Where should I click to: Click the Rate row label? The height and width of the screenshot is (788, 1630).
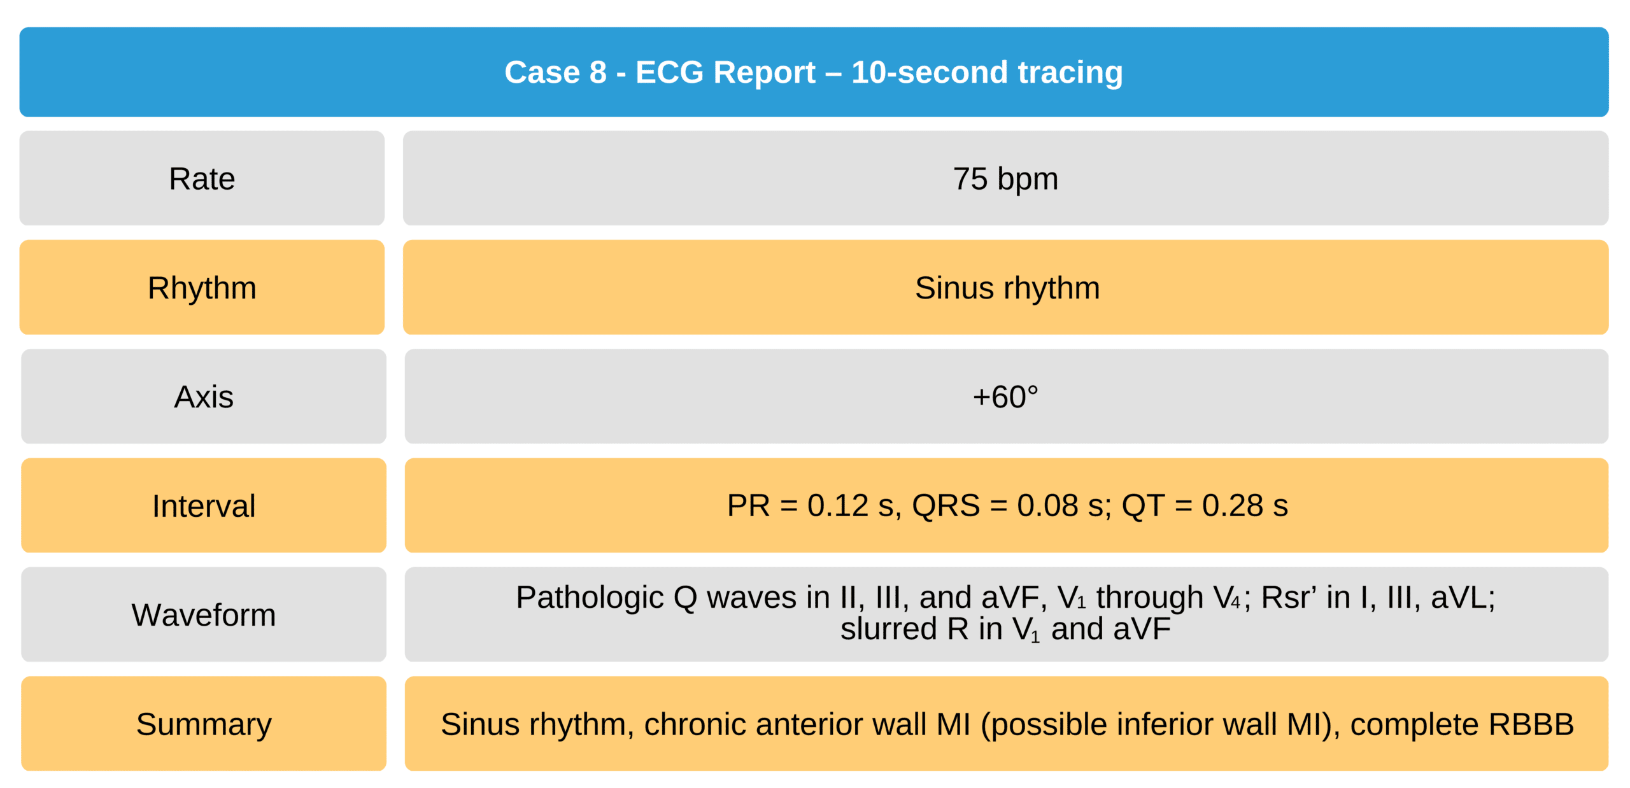tap(202, 179)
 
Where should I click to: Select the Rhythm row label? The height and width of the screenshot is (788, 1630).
tap(202, 288)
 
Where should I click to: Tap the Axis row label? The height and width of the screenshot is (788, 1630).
tap(204, 397)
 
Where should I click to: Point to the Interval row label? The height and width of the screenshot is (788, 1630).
tap(204, 506)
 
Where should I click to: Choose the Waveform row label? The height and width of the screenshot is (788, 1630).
tap(204, 615)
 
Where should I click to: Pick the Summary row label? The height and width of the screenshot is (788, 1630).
tap(204, 724)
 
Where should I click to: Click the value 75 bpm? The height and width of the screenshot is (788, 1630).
tap(1005, 179)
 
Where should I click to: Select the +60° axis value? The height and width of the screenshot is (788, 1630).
tap(1005, 397)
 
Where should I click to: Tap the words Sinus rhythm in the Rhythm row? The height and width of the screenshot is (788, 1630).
tap(1007, 288)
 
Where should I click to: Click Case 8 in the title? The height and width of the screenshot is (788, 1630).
tap(555, 72)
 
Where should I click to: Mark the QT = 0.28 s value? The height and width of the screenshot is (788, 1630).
tap(1205, 506)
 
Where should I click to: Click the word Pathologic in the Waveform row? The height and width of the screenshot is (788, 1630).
tap(590, 598)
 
